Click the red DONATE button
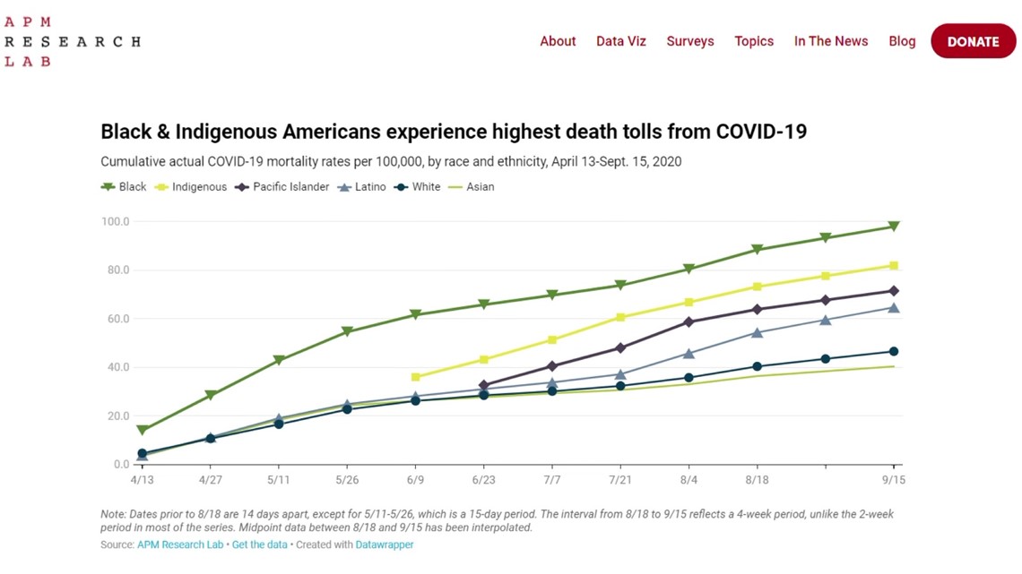(973, 41)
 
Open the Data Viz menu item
(620, 41)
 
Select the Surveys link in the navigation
(689, 41)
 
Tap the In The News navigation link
(830, 41)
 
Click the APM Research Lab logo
(72, 41)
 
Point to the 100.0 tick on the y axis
(115, 221)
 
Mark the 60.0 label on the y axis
(115, 319)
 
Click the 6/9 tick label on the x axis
(415, 480)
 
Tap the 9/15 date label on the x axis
(893, 480)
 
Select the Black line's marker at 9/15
(893, 227)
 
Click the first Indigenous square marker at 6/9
(415, 378)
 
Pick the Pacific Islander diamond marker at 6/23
(484, 386)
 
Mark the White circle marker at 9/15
(893, 352)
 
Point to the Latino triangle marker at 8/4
(689, 354)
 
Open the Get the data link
(259, 544)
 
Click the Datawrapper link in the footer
(385, 544)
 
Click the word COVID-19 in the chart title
(761, 132)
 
